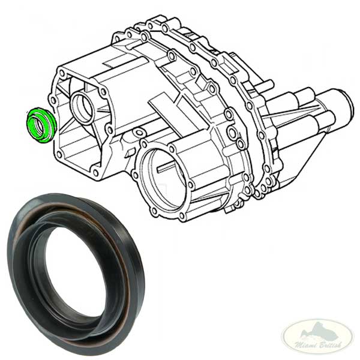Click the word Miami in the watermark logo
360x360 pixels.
304,344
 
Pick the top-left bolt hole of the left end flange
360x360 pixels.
62,73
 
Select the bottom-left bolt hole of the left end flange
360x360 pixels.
59,155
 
